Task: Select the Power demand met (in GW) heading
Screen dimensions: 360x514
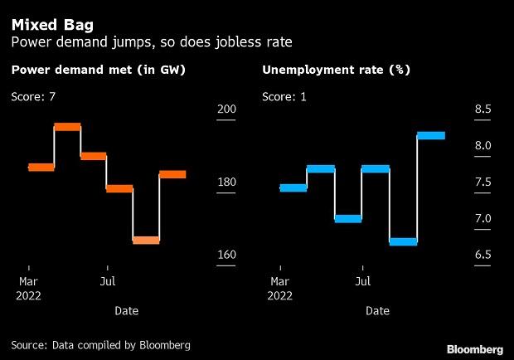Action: (x=98, y=72)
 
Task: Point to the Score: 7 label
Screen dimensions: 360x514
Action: (x=33, y=97)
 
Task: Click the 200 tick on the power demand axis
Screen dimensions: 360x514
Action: (x=226, y=109)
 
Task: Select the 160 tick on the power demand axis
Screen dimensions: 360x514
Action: (x=226, y=255)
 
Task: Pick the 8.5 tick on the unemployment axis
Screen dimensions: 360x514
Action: (x=482, y=109)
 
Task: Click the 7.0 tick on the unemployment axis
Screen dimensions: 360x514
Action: (x=482, y=219)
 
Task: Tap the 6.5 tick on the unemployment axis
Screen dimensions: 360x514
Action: (x=482, y=255)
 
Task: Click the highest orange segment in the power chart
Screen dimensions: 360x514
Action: (x=67, y=127)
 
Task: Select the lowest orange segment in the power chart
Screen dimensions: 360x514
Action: (x=146, y=241)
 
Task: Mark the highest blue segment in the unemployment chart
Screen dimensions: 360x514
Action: (x=431, y=135)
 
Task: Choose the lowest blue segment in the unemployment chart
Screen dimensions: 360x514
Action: (x=403, y=241)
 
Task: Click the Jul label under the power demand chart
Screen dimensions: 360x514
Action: (x=107, y=281)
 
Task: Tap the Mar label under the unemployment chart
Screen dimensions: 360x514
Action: (x=280, y=281)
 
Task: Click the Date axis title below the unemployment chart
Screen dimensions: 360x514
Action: (x=377, y=311)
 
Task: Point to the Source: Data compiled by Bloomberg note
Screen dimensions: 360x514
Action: (x=101, y=344)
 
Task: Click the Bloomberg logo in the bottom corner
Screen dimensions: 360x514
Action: (x=474, y=348)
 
